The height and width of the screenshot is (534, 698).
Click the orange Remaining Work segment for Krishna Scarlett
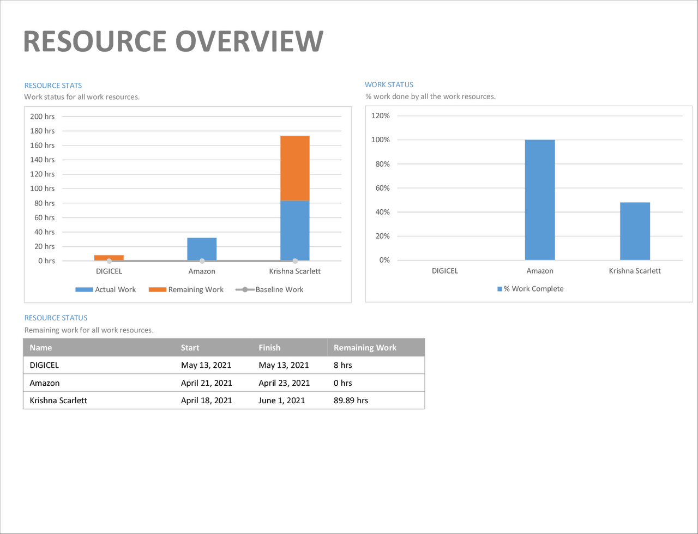pyautogui.click(x=295, y=168)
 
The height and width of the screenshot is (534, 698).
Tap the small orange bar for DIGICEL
pyautogui.click(x=109, y=257)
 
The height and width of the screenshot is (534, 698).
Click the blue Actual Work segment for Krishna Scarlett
pyautogui.click(x=295, y=230)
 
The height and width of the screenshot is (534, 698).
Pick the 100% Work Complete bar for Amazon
pyautogui.click(x=540, y=199)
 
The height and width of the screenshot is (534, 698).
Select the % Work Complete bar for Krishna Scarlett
pyautogui.click(x=635, y=231)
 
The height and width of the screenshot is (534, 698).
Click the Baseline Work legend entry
pyautogui.click(x=269, y=289)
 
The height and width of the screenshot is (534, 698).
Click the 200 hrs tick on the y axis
pyautogui.click(x=43, y=117)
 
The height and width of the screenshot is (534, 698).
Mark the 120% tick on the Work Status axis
pyautogui.click(x=381, y=116)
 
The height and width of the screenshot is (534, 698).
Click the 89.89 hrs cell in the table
pyautogui.click(x=351, y=400)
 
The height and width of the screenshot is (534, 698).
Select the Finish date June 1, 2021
pyautogui.click(x=281, y=400)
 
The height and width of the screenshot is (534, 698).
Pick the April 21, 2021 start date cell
pyautogui.click(x=207, y=383)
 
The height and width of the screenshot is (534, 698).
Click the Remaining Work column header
pyautogui.click(x=365, y=348)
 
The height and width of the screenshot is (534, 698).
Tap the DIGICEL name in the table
pyautogui.click(x=44, y=366)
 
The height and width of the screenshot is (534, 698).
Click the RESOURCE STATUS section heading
pyautogui.click(x=56, y=318)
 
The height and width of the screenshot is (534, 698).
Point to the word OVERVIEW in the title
pyautogui.click(x=249, y=41)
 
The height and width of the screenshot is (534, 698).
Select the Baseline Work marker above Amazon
pyautogui.click(x=202, y=261)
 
